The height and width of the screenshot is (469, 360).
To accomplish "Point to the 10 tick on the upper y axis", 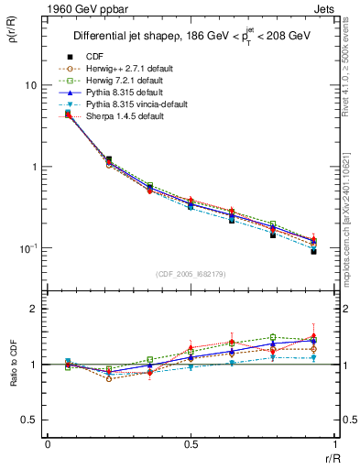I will coord(30,85).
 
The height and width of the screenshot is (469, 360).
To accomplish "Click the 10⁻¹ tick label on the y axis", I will coord(28,249).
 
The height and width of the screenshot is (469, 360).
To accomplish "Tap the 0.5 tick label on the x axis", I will coord(191,445).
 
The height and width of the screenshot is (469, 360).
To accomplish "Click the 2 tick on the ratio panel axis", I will coord(35,310).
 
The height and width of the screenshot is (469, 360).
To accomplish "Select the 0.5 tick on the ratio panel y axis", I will coord(29,420).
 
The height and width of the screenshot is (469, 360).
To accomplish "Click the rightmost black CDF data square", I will coord(313,251).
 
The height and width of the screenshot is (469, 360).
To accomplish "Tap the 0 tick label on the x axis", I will coord(48,445).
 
